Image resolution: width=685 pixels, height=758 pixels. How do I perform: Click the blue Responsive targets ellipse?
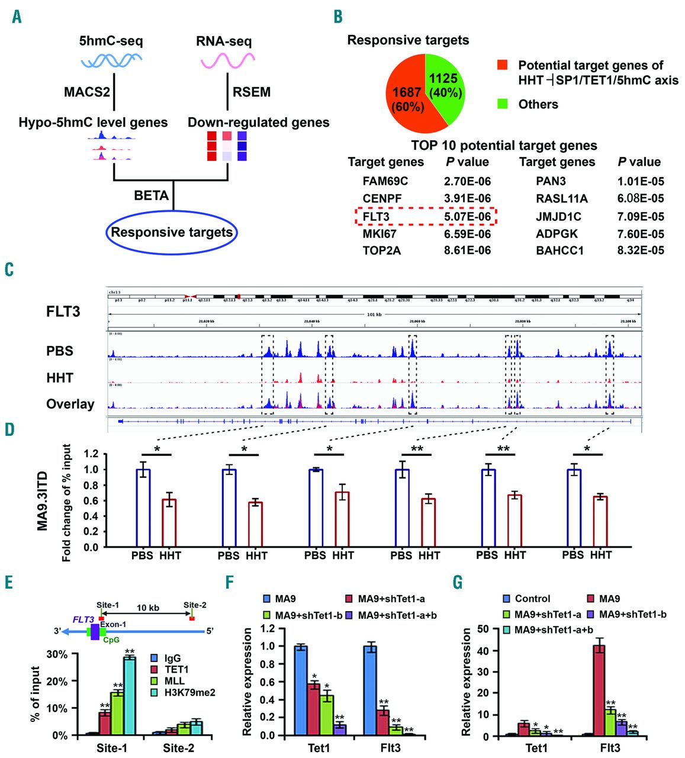[x=172, y=232]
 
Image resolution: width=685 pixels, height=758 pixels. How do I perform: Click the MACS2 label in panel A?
[x=87, y=92]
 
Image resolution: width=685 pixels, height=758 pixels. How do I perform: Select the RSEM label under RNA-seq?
[x=252, y=92]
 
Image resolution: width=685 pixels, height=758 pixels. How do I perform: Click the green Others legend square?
[x=503, y=104]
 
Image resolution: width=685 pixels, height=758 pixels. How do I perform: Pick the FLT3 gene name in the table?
[x=376, y=217]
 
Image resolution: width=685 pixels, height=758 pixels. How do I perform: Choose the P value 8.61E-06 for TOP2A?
[x=467, y=250]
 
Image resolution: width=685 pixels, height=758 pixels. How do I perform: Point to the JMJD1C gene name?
[x=558, y=217]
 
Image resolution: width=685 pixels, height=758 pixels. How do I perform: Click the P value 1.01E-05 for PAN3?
[x=640, y=181]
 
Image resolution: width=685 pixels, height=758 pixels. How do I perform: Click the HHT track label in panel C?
[x=60, y=377]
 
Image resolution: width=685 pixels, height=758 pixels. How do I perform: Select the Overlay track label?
[x=70, y=404]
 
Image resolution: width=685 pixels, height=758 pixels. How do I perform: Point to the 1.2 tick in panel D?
[x=91, y=454]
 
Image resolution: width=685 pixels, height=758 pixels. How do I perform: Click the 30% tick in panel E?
[x=57, y=654]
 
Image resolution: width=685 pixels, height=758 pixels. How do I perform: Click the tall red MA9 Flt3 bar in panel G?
[x=599, y=690]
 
